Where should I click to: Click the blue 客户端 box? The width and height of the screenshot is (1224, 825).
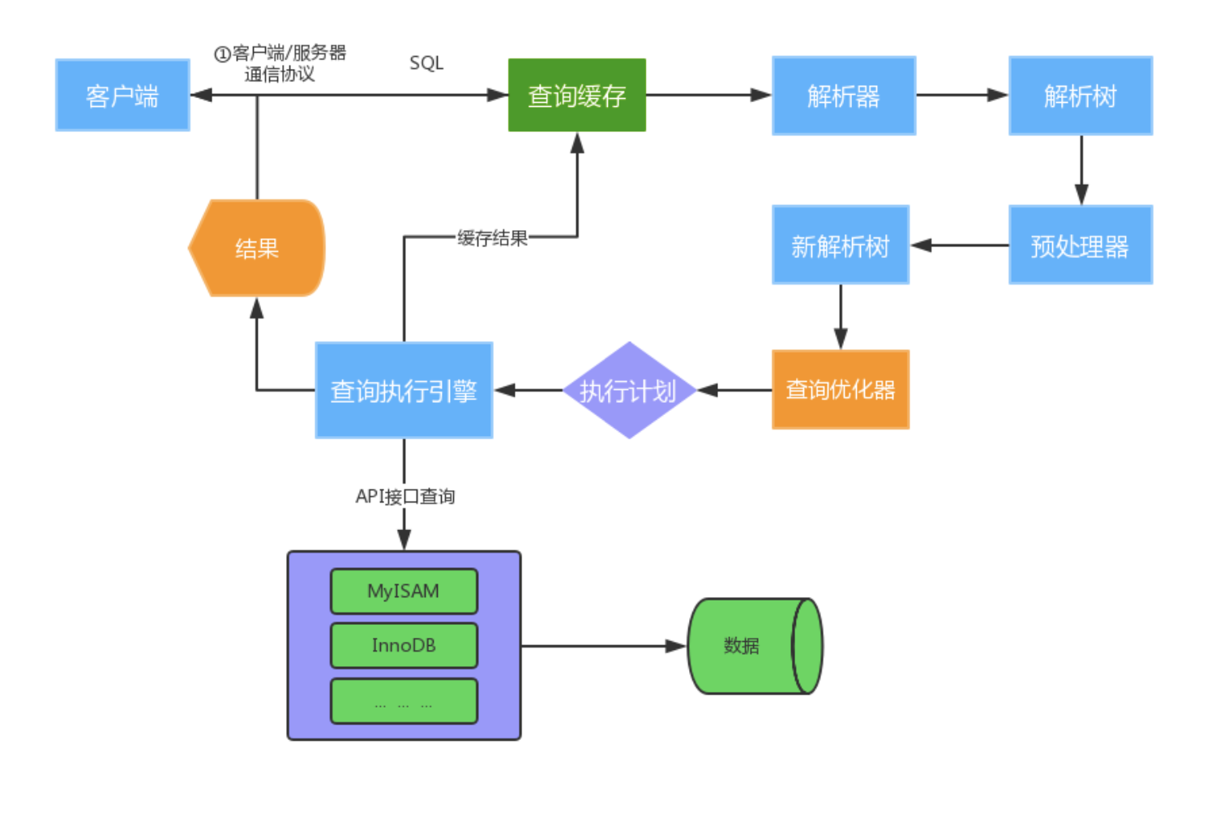pos(122,96)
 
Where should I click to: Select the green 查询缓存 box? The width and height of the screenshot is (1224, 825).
pos(576,96)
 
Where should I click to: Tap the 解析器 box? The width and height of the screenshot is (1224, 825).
pos(843,96)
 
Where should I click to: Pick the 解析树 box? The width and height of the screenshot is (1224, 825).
pos(1080,96)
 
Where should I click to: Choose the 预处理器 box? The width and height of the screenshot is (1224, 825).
pos(1080,245)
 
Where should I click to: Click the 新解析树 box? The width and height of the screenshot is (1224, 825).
pos(840,245)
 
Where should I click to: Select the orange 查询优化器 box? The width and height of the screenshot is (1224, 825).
pos(840,390)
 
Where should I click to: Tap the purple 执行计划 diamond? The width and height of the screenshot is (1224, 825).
pos(628,391)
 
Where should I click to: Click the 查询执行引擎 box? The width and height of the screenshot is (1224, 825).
pos(404,391)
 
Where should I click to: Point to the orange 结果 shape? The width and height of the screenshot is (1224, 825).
pos(257,248)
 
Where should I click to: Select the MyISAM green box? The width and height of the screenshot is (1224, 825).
pos(404,592)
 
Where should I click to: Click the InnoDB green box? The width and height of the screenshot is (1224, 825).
pos(404,646)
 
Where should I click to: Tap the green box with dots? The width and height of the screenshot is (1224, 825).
pos(404,701)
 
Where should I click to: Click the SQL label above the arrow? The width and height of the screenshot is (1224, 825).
pos(426,63)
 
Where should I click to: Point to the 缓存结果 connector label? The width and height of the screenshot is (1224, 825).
pos(492,237)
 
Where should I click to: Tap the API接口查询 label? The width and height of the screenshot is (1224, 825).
pos(404,496)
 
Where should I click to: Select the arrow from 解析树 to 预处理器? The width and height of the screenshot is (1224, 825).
pos(1081,170)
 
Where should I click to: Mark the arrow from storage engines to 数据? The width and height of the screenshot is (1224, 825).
pos(604,646)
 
